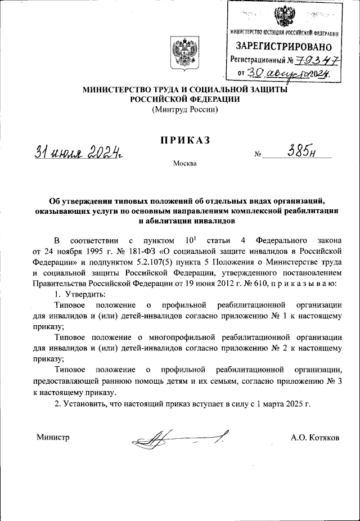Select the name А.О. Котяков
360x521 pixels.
click(315, 437)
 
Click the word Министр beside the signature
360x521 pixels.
click(53, 437)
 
